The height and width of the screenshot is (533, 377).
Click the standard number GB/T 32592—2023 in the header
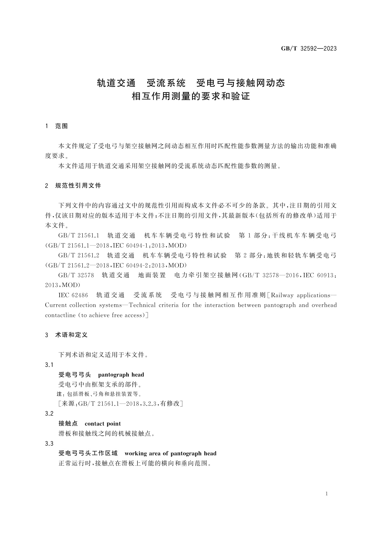pyautogui.click(x=309, y=49)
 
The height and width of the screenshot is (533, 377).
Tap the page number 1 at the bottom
pyautogui.click(x=327, y=494)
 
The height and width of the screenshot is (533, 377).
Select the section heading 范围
pyautogui.click(x=61, y=126)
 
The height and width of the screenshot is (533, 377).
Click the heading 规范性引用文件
pyautogui.click(x=78, y=186)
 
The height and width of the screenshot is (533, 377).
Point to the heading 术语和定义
pyautogui.click(x=71, y=335)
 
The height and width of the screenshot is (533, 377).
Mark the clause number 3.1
pyautogui.click(x=49, y=365)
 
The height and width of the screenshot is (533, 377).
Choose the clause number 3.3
pyautogui.click(x=49, y=443)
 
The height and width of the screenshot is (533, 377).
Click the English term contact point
pyautogui.click(x=103, y=424)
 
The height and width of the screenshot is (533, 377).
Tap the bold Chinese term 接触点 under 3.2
pyautogui.click(x=68, y=424)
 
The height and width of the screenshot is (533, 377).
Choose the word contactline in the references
pyautogui.click(x=60, y=315)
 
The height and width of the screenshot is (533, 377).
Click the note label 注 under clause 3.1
pyautogui.click(x=58, y=394)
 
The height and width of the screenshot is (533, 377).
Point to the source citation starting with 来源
pyautogui.click(x=120, y=404)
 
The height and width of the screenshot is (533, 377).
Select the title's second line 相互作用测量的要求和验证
pyautogui.click(x=191, y=96)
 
